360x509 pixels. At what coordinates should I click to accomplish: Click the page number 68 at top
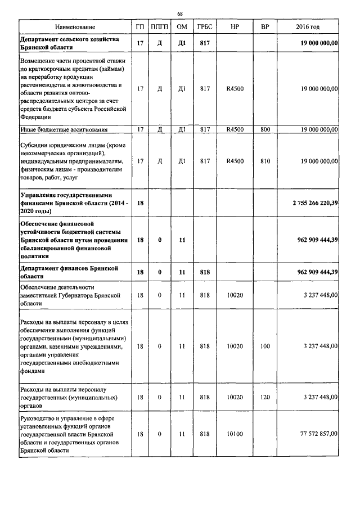point(179,13)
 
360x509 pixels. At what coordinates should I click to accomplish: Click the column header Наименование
point(75,27)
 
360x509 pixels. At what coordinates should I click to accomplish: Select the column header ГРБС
point(204,27)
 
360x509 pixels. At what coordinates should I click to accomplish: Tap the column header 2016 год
point(308,27)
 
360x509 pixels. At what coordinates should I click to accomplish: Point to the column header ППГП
point(160,27)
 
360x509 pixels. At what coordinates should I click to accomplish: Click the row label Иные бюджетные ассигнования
point(64,129)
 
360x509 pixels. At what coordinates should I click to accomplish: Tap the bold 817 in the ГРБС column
point(204,43)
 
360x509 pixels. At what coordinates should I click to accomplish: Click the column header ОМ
point(182,27)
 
